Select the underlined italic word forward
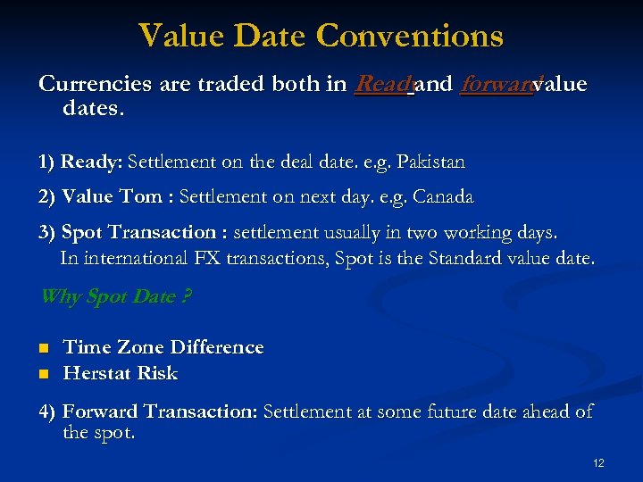496,85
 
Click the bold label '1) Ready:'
80,162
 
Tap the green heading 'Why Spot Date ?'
115,296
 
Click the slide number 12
598,462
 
